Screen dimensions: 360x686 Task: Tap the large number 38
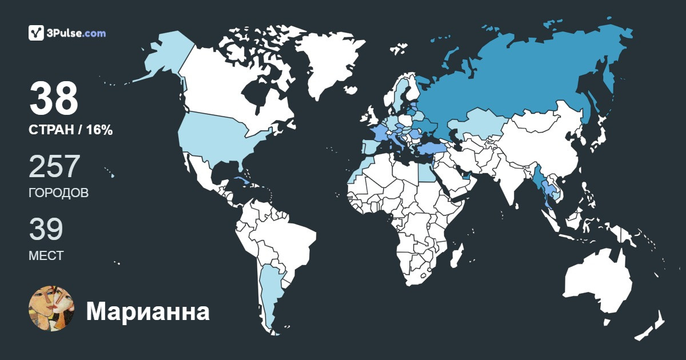54,99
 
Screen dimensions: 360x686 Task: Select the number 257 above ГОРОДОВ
54,167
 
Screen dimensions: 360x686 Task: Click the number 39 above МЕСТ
46,229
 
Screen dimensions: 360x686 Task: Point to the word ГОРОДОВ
58,193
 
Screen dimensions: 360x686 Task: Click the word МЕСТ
46,255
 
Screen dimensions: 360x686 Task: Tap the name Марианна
147,311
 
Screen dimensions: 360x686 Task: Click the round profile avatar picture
52,308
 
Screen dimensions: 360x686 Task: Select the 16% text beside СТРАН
99,130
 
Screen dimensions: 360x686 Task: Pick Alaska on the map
160,57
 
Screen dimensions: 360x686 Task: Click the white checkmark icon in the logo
37,33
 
